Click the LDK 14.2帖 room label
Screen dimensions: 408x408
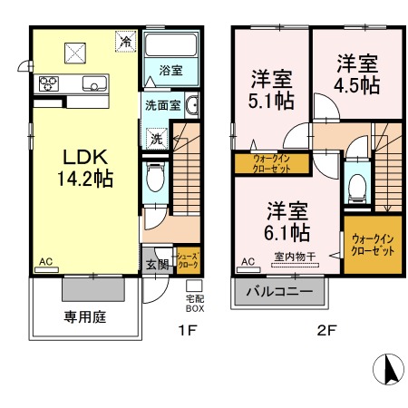click(85, 168)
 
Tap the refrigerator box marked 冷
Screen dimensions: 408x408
click(126, 42)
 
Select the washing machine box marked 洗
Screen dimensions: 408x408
click(157, 139)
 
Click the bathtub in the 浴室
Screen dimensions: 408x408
click(170, 44)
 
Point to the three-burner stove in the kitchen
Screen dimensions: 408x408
click(48, 83)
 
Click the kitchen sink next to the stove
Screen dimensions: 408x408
click(94, 83)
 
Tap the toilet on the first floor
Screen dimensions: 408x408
click(155, 177)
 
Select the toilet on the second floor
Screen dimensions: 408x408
click(357, 188)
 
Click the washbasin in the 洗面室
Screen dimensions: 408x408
click(192, 105)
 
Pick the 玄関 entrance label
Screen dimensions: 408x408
click(157, 265)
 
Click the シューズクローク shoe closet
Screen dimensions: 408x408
click(189, 260)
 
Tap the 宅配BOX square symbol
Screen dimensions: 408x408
click(194, 286)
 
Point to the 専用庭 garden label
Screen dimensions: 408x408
click(85, 317)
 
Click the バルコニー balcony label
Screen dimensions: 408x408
click(279, 292)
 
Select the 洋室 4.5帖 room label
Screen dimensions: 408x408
click(357, 74)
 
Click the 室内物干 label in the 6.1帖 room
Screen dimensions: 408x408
click(295, 257)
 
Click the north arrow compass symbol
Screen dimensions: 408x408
click(388, 369)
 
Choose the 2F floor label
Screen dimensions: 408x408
click(326, 330)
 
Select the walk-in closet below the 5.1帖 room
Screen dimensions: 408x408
click(272, 163)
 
